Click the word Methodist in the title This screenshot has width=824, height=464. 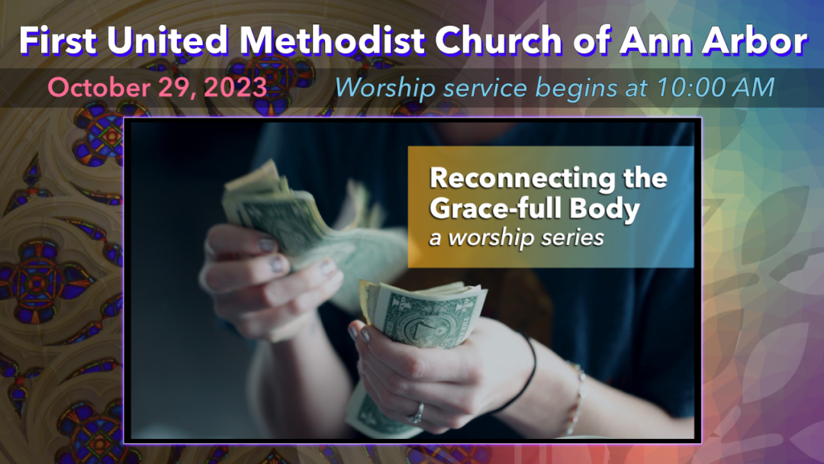332,40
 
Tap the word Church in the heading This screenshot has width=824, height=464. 499,40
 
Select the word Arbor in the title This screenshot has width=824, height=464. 755,40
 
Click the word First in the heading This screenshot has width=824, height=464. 58,40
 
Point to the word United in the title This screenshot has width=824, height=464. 168,40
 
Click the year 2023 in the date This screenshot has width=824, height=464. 236,87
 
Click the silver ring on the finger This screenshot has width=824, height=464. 416,414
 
